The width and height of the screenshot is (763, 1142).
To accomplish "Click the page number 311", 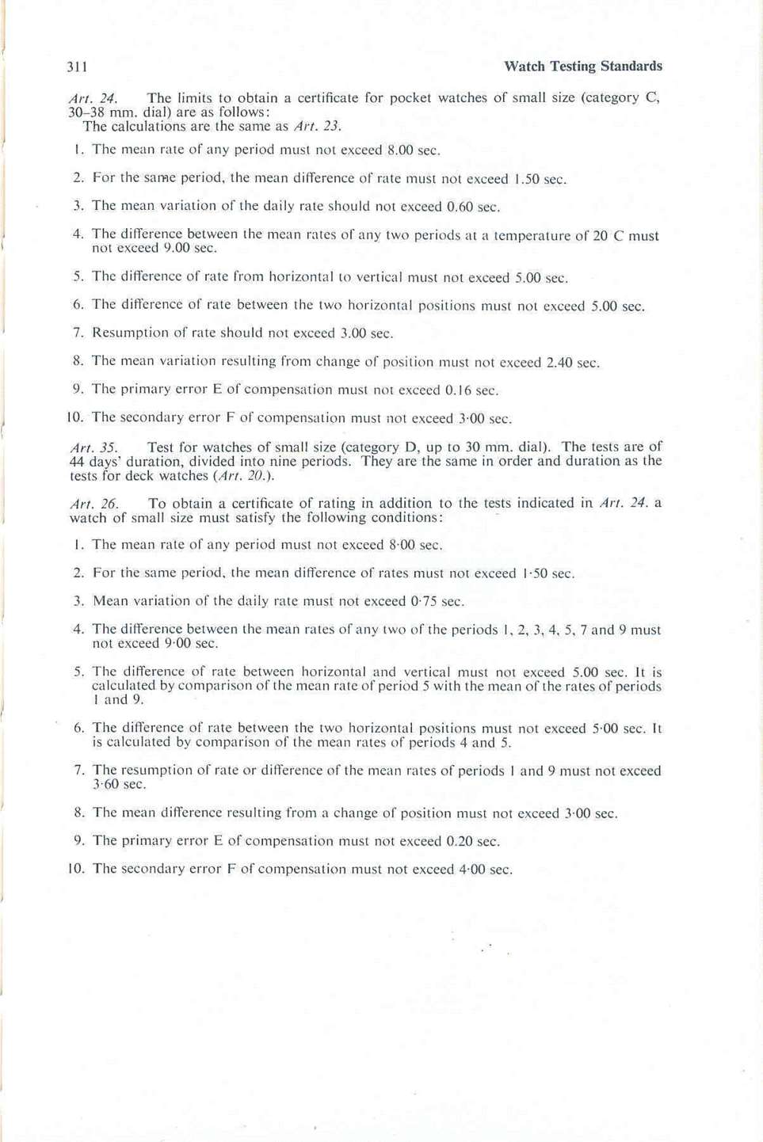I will click(x=78, y=67).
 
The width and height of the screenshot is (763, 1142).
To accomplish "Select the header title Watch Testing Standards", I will click(x=582, y=67).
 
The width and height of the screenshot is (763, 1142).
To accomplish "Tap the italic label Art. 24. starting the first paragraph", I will click(x=93, y=99).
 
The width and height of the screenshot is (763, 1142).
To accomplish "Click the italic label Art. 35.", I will click(x=93, y=447).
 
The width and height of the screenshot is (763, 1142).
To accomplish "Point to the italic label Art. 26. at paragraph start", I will click(x=93, y=504).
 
